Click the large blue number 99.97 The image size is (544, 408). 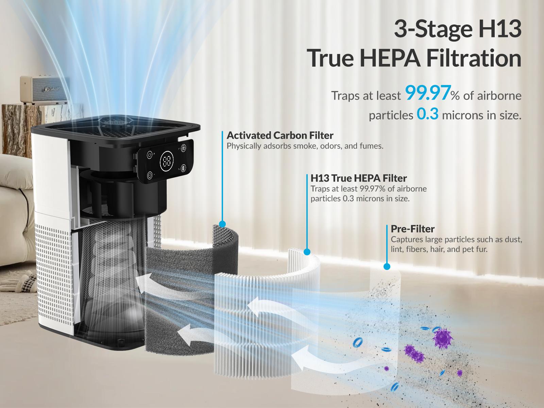point(428,94)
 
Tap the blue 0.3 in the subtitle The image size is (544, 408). point(427,115)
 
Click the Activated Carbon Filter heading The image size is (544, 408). point(280,135)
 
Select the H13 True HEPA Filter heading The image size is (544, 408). point(359,178)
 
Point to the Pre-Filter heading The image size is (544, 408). point(412,228)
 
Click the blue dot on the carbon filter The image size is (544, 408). point(222,224)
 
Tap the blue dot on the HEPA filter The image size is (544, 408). point(307,252)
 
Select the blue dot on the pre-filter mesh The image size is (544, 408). point(387,267)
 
